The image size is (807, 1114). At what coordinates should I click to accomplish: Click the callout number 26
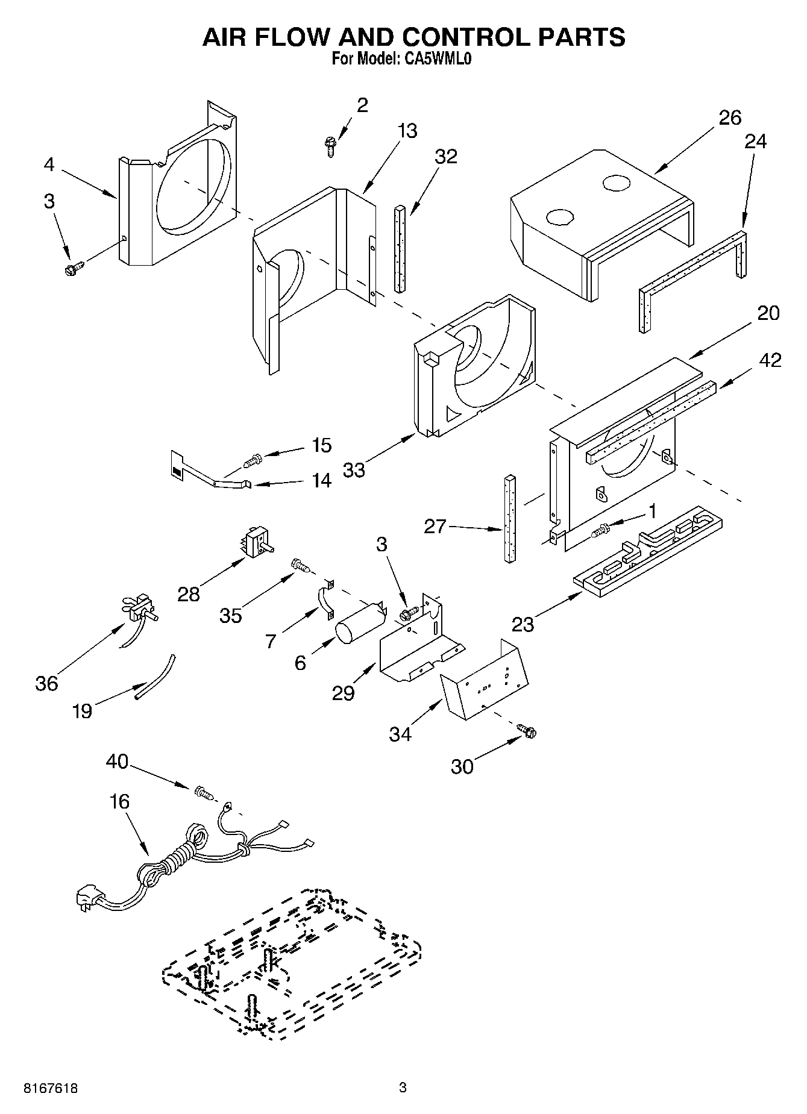[x=730, y=117]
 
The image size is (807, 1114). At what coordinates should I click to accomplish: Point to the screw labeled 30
[x=527, y=731]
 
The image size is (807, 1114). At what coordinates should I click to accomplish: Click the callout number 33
[x=354, y=469]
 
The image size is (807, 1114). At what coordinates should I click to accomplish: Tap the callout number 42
[x=770, y=360]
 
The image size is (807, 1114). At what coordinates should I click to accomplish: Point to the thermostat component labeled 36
[x=142, y=607]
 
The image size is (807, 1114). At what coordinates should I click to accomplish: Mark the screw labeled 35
[x=300, y=565]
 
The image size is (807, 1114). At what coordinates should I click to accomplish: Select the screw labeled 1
[x=601, y=530]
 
